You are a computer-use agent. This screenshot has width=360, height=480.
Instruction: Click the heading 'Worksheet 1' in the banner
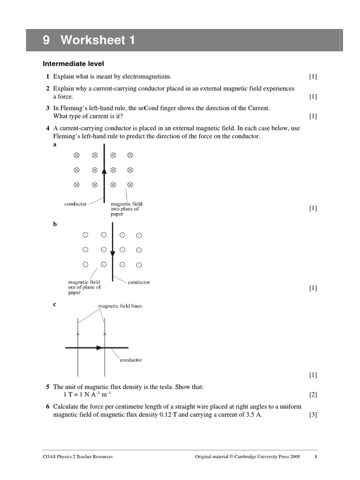coord(97,41)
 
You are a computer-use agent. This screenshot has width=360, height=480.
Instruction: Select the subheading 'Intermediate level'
coord(73,63)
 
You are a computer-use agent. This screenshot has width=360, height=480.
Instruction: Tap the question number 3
coord(48,108)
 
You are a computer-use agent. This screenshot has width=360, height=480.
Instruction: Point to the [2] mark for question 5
coord(313,394)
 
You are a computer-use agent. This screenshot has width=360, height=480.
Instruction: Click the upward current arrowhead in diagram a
coord(104,172)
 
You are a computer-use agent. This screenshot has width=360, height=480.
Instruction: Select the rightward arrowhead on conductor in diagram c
coord(99,348)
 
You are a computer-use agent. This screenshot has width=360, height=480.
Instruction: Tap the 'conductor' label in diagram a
coord(75,204)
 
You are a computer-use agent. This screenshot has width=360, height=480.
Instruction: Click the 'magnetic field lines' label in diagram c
coord(120,306)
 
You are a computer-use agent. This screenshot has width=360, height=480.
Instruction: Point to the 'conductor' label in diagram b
coord(139,282)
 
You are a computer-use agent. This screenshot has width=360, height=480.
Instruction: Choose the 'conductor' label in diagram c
coord(131,360)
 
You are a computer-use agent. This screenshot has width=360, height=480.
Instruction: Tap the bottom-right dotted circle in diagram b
coord(139,265)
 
